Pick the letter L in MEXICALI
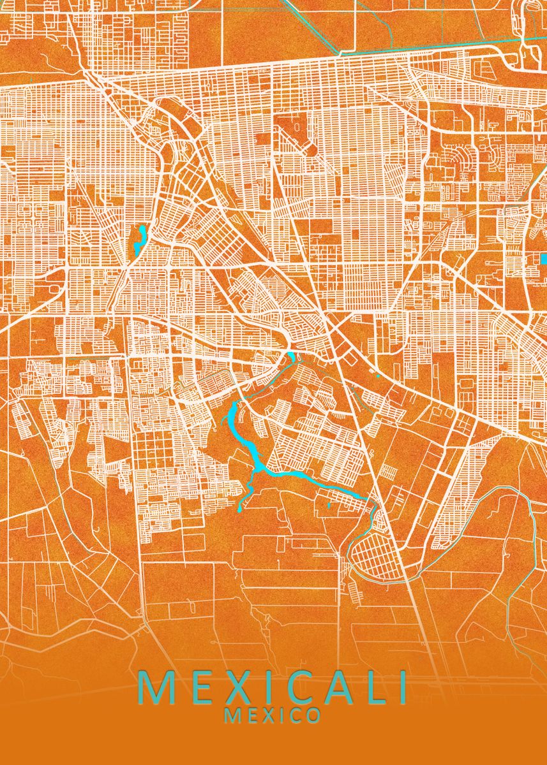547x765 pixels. click(370, 688)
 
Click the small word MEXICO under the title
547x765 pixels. click(273, 716)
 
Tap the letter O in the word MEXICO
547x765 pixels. click(313, 716)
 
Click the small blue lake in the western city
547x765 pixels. click(140, 238)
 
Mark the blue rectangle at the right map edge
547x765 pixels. click(544, 258)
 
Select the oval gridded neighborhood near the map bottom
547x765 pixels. click(377, 554)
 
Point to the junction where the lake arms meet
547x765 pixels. click(259, 470)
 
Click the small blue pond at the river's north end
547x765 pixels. click(291, 356)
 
